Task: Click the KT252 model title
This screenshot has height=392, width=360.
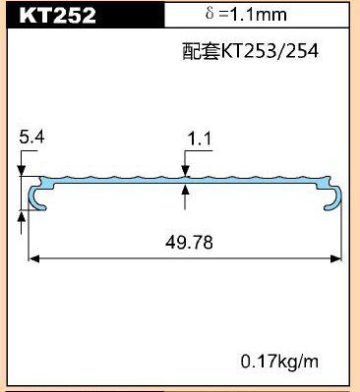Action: tap(57, 15)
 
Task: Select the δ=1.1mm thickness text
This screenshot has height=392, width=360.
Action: tap(246, 14)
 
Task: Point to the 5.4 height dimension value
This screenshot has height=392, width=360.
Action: tap(31, 137)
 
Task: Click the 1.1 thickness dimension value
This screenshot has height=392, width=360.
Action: tap(200, 139)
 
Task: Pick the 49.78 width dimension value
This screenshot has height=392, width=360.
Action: tap(189, 243)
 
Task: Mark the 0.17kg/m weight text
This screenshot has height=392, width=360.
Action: tap(279, 362)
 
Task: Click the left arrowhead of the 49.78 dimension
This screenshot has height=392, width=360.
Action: tap(34, 258)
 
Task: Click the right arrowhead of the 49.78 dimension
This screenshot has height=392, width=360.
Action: tap(336, 258)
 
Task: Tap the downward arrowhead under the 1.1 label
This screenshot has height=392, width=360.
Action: tap(185, 171)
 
